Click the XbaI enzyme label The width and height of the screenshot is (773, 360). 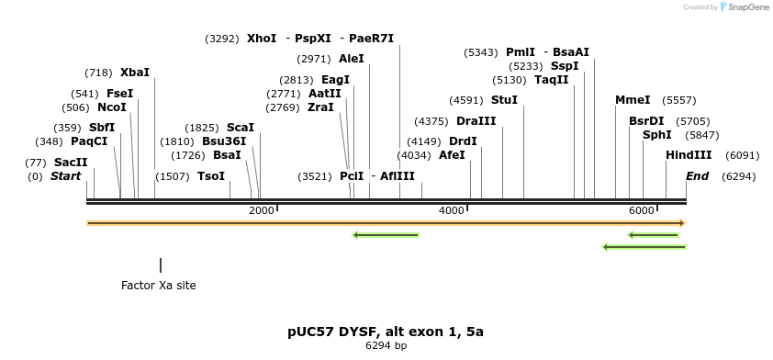click(134, 73)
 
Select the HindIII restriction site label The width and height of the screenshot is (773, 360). click(689, 155)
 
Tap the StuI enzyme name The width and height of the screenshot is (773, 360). click(504, 100)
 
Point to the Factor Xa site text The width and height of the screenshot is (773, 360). click(158, 286)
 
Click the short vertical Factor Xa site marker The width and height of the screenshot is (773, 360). click(161, 265)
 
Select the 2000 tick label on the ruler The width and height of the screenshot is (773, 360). click(262, 211)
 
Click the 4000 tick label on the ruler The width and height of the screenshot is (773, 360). click(452, 211)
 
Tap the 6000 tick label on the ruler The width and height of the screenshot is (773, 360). click(641, 211)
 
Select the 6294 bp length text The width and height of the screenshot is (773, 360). click(386, 346)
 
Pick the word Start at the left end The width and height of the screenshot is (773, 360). click(65, 176)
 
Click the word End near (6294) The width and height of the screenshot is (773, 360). click(697, 176)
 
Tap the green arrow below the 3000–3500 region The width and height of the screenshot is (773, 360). click(386, 235)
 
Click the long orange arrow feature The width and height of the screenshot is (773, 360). click(386, 223)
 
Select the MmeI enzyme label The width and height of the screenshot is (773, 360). click(633, 100)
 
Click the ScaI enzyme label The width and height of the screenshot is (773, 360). click(240, 128)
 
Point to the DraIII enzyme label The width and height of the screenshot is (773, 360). click(476, 121)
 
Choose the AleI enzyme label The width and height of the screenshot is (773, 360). click(351, 59)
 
